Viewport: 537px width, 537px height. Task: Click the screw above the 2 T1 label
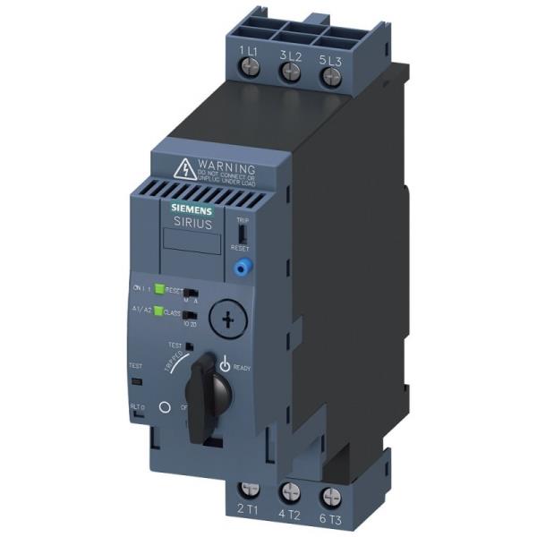251,490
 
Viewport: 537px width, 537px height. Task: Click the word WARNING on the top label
229,166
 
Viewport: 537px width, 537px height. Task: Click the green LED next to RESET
158,289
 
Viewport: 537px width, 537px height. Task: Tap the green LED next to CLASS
158,311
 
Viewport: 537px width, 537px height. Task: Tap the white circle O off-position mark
164,406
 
